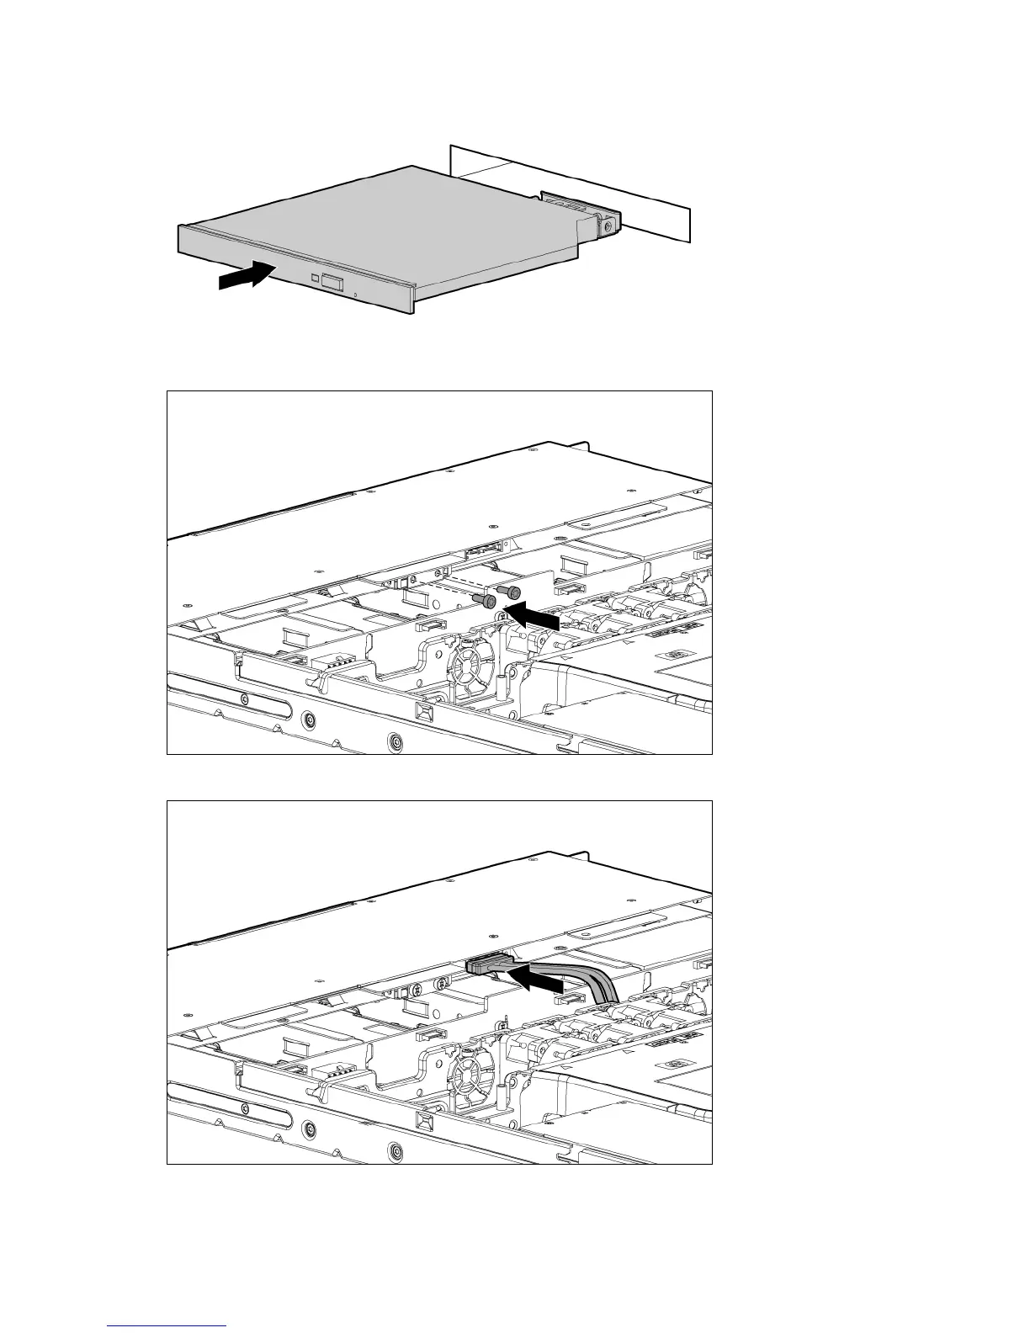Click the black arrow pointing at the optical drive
tap(245, 276)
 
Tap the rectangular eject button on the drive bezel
tap(332, 282)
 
